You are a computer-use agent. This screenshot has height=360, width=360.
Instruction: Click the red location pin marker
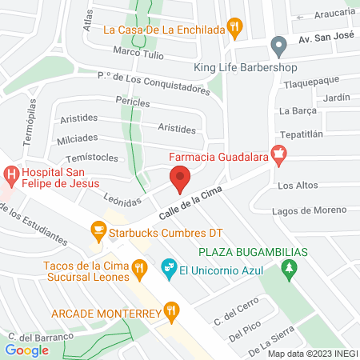click(180, 180)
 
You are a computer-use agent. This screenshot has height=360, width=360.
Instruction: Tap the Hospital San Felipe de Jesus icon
click(11, 174)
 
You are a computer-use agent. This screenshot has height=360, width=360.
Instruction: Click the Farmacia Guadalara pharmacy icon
click(279, 154)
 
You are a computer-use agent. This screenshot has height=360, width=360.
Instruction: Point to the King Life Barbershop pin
click(278, 44)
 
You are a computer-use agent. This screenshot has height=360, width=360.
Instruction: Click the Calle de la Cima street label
click(189, 200)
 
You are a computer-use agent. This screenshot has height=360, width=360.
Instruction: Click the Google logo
click(26, 350)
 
